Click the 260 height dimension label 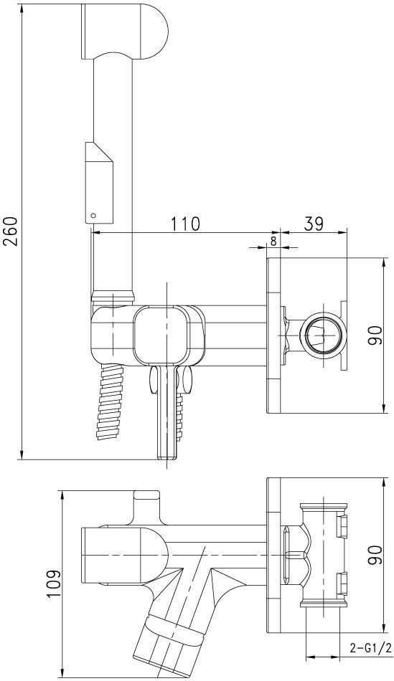click(x=11, y=231)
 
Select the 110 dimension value click(x=185, y=224)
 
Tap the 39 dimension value click(x=314, y=224)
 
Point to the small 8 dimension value click(x=273, y=242)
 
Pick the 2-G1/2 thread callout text click(x=369, y=649)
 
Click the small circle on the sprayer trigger click(x=92, y=214)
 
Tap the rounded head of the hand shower click(x=124, y=31)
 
